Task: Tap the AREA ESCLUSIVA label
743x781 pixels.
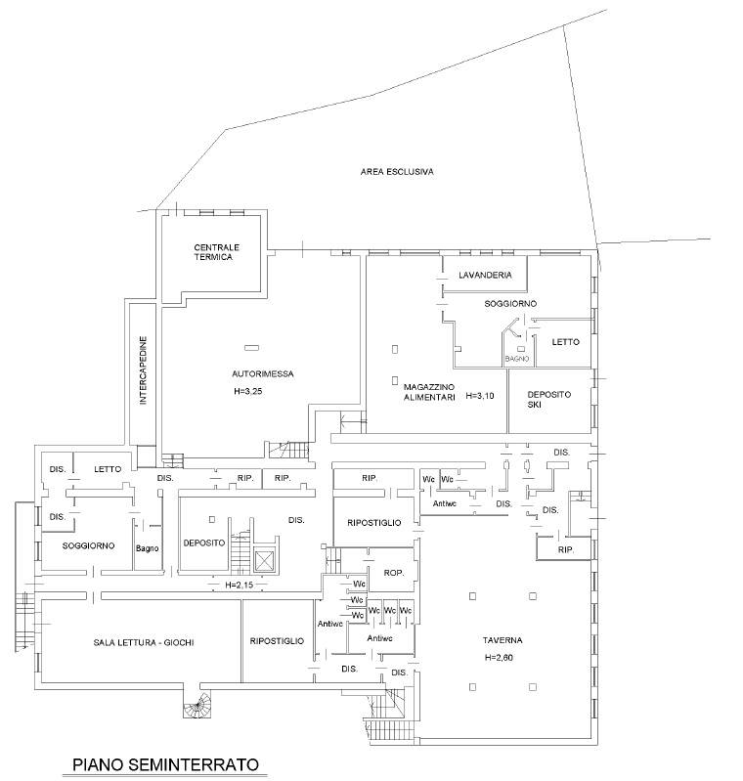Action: pyautogui.click(x=397, y=172)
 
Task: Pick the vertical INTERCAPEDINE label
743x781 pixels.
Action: pyautogui.click(x=143, y=372)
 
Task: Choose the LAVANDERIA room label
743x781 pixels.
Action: pyautogui.click(x=485, y=275)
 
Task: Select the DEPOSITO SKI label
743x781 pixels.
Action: pyautogui.click(x=548, y=398)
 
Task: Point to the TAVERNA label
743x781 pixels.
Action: pyautogui.click(x=502, y=640)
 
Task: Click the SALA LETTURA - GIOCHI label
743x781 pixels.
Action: pyautogui.click(x=144, y=641)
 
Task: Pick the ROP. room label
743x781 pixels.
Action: pyautogui.click(x=394, y=573)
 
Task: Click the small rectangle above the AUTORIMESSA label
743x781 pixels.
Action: pyautogui.click(x=252, y=347)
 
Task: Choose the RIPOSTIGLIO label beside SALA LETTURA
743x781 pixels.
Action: pyautogui.click(x=277, y=641)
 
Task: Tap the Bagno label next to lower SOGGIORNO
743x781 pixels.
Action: pyautogui.click(x=148, y=547)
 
